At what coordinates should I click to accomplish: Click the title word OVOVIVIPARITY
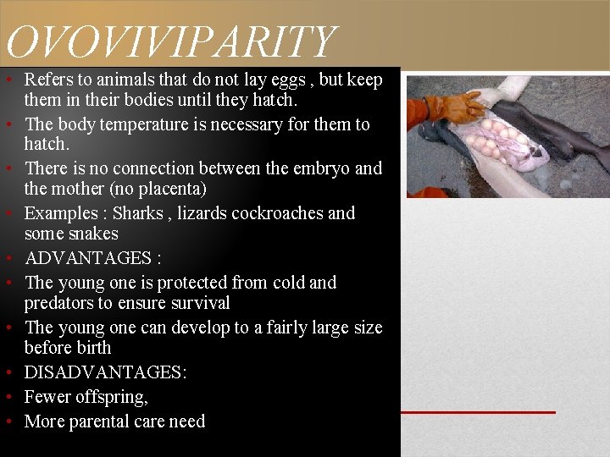coord(169,42)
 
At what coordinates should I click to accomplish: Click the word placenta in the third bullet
coord(171,189)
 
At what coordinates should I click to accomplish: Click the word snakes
coord(96,234)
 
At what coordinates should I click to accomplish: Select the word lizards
coord(202,213)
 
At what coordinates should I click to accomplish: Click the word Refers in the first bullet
coord(47,80)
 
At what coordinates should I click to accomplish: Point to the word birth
coord(91,348)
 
